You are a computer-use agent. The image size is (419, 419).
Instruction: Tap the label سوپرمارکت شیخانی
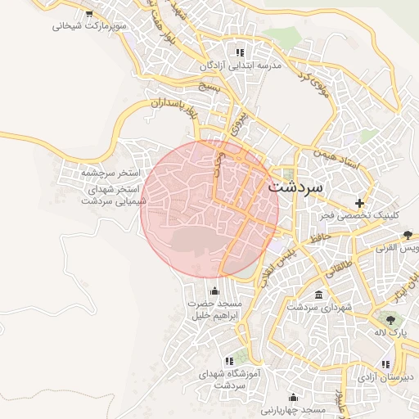[x=90, y=26]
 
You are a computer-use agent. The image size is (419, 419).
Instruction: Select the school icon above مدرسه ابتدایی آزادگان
[x=240, y=52]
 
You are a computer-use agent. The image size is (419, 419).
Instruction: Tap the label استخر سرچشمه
[x=110, y=174]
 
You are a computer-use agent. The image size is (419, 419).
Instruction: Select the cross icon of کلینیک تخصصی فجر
[x=358, y=202]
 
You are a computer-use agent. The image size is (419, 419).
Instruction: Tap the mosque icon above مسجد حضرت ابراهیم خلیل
[x=215, y=291]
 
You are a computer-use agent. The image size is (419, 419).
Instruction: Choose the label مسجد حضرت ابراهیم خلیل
[x=214, y=309]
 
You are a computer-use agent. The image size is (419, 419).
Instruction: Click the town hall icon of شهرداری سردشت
[x=318, y=295]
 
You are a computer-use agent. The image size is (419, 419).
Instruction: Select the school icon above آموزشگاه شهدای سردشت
[x=229, y=360]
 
